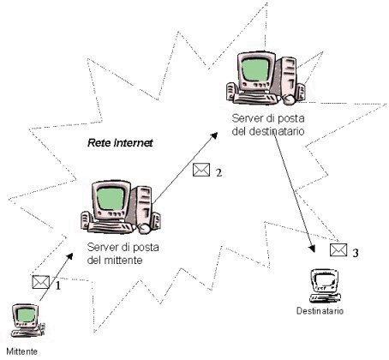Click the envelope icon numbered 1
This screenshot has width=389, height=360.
tap(41, 282)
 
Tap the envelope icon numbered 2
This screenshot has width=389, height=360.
tap(201, 170)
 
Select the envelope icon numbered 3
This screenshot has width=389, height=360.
tap(338, 250)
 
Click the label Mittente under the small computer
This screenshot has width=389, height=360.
tap(21, 351)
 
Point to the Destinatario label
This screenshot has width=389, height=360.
tap(320, 311)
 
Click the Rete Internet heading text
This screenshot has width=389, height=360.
tap(120, 142)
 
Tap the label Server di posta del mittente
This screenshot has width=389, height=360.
tap(123, 254)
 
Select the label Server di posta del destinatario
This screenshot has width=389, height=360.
tap(268, 124)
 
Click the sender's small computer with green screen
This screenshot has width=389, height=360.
tap(27, 321)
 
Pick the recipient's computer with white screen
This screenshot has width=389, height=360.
tap(325, 285)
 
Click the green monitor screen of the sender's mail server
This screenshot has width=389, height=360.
tap(111, 199)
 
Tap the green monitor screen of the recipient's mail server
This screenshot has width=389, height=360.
tap(255, 69)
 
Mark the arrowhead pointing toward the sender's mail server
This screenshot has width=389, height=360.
tap(69, 256)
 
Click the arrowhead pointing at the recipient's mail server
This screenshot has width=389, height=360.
tap(214, 136)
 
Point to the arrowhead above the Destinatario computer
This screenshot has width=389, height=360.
tap(313, 249)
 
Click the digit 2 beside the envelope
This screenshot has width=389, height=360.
tap(218, 172)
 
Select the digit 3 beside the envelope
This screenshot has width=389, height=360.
tap(356, 253)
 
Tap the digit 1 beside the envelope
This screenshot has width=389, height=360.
tap(58, 285)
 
